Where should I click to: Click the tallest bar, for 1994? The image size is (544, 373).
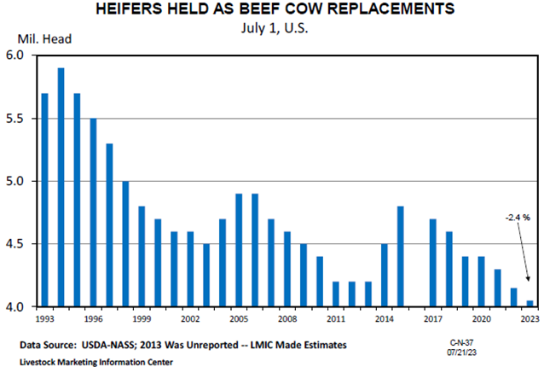tap(61, 187)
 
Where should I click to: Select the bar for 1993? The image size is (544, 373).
tap(44, 200)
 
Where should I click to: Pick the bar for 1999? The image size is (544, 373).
tap(142, 256)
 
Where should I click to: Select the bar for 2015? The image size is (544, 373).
tap(401, 256)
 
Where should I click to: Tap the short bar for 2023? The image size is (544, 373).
tap(530, 303)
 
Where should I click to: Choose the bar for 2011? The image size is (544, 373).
tap(336, 294)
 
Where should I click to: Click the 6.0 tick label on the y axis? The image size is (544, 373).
tap(20, 56)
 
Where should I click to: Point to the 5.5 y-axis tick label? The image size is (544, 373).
tap(20, 119)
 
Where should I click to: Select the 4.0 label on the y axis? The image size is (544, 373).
tap(20, 306)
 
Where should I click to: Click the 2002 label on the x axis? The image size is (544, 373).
tap(191, 319)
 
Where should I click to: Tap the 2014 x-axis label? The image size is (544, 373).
tap(385, 319)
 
